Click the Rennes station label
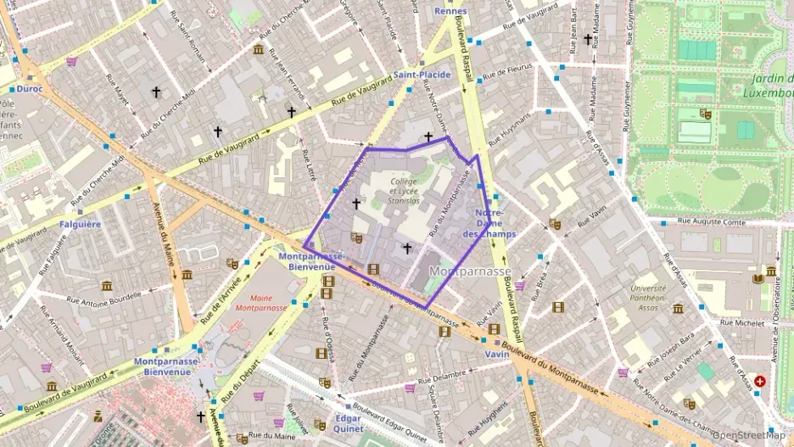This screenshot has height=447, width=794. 450,11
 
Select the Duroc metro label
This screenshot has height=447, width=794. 30,88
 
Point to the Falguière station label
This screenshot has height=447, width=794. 81,224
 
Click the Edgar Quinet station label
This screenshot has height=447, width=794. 348,423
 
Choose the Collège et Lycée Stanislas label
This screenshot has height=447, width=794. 405,191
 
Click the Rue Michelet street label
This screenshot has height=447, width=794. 742,322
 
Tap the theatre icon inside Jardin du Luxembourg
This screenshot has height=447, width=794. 705,113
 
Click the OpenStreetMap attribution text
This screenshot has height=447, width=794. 749,435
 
